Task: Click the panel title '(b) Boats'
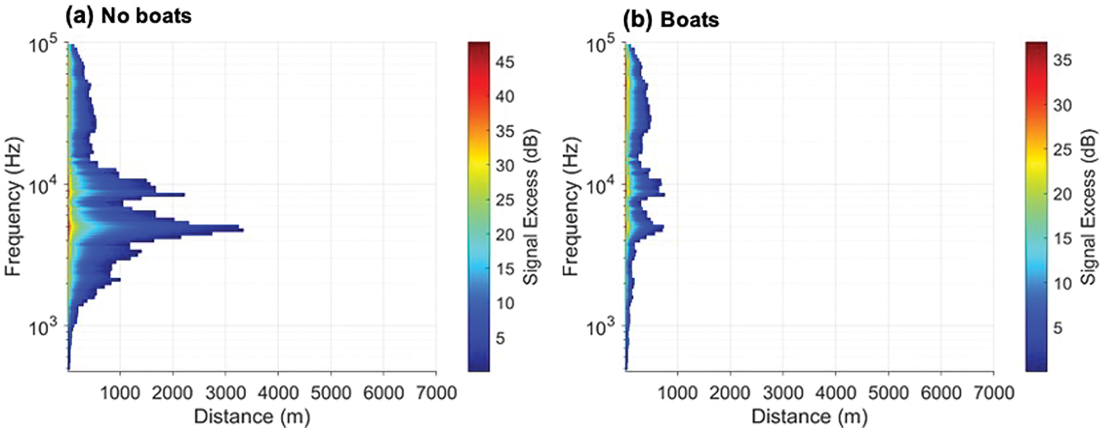(x=671, y=19)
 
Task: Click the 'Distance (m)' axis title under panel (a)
(x=252, y=416)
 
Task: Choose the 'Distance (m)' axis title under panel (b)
(x=809, y=416)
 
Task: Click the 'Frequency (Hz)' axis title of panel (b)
(x=570, y=206)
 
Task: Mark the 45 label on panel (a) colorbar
(x=505, y=62)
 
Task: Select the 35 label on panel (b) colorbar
(x=1062, y=59)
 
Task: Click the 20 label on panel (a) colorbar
(x=505, y=234)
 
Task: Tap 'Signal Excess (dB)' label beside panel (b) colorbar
(x=1088, y=206)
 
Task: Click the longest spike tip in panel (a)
(x=242, y=229)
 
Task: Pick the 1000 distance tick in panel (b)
(x=677, y=393)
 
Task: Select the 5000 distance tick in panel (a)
(x=330, y=393)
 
